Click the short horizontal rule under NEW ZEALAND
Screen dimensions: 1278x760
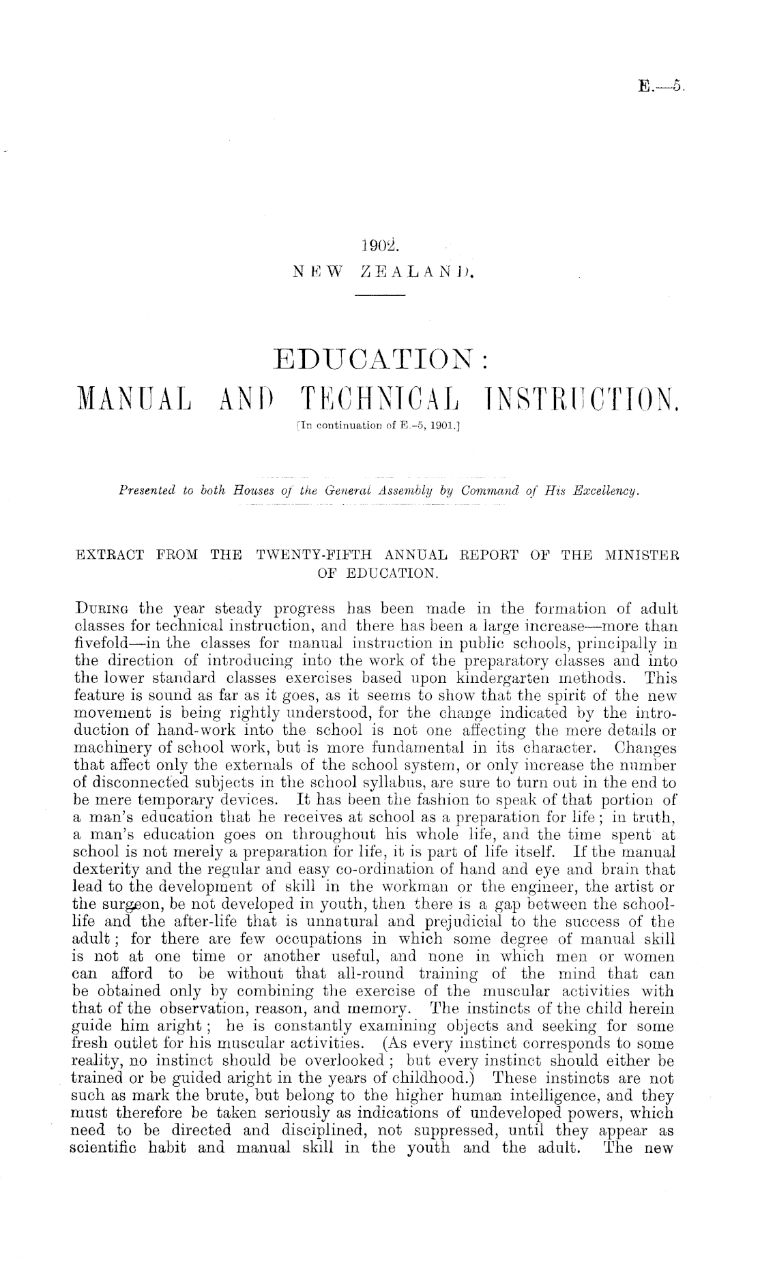(381, 295)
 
